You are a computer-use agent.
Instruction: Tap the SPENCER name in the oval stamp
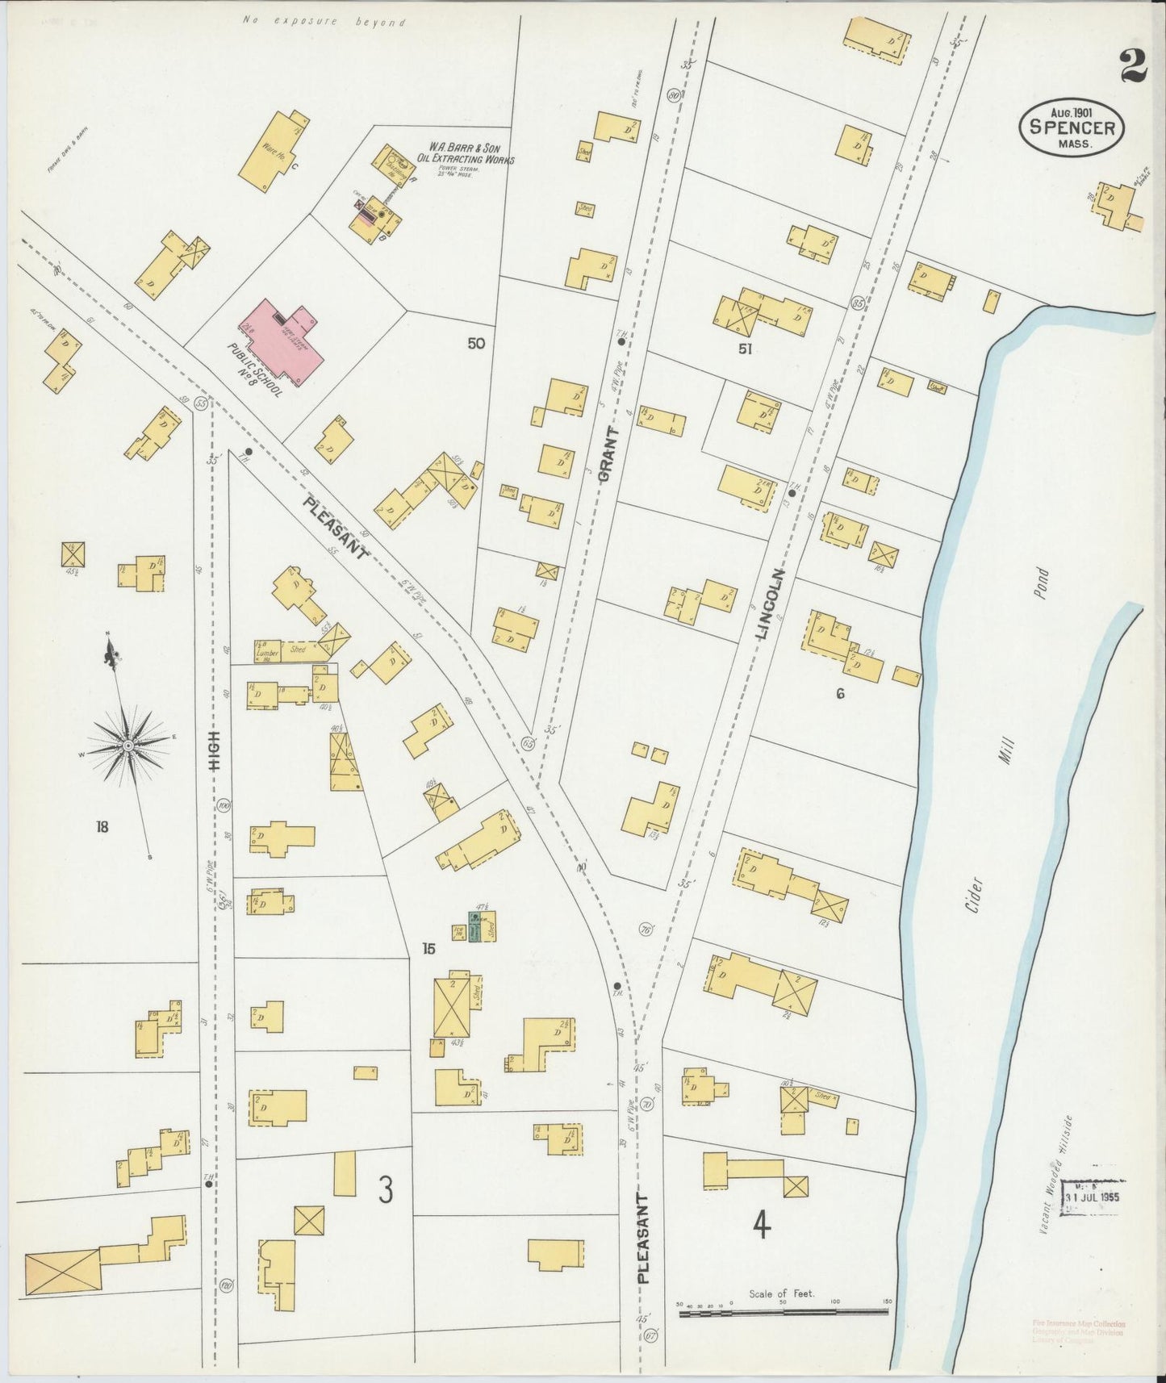point(1072,128)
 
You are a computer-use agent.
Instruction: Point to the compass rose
point(127,747)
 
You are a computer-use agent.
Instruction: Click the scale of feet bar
point(783,1313)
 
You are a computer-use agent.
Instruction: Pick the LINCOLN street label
point(770,604)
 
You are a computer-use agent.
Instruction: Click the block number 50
point(476,344)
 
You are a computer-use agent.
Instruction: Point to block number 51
point(744,349)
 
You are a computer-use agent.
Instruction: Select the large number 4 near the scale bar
point(761,1226)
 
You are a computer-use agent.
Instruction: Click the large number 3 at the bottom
point(387,1189)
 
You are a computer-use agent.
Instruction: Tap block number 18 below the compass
point(102,826)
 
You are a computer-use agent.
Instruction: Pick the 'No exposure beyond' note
point(324,23)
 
